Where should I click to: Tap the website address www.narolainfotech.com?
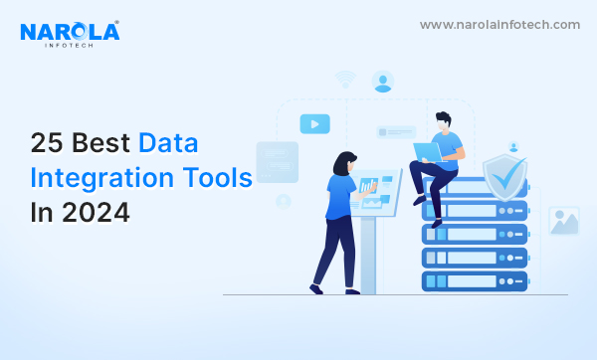[499, 25]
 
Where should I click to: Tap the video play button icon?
[314, 124]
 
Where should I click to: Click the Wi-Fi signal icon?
[345, 80]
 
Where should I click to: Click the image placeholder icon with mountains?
[564, 221]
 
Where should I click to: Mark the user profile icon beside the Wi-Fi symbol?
[383, 82]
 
